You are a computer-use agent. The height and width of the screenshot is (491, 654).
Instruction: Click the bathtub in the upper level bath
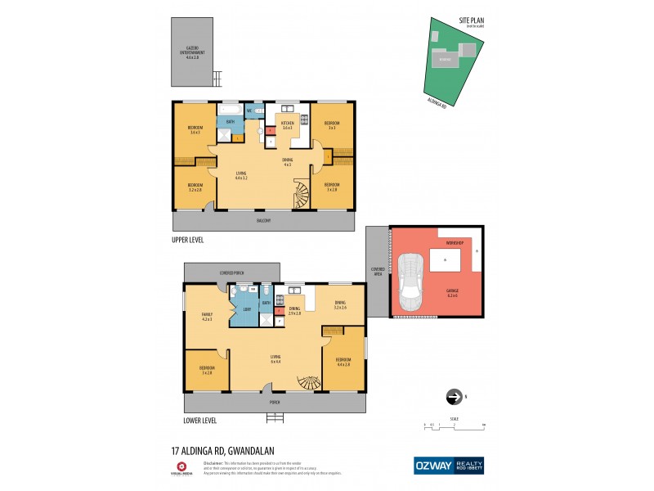point(229,108)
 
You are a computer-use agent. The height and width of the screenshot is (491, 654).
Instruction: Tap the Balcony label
point(262,221)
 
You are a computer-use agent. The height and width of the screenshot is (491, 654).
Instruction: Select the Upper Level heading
point(187,240)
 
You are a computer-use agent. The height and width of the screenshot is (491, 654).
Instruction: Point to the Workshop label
point(455,244)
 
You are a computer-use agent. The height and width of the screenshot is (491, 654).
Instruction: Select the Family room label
point(207,317)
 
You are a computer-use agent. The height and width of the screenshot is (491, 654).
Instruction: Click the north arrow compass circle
point(453,397)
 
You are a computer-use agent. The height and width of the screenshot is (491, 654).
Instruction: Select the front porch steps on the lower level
point(275,418)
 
